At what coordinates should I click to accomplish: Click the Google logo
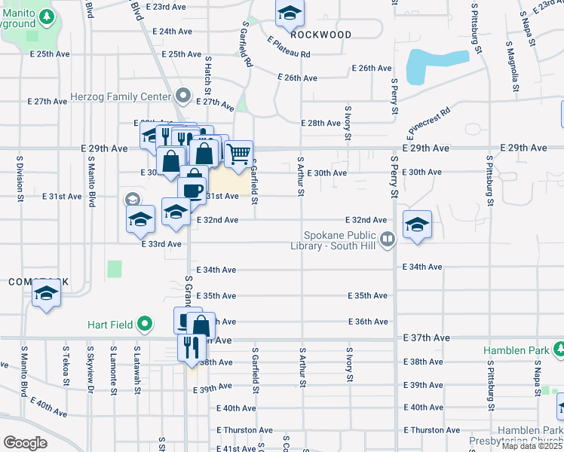tap(25, 443)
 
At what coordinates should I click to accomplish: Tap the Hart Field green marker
tap(144, 325)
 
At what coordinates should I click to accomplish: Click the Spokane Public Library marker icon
tap(388, 240)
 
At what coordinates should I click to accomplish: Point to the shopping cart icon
tap(238, 154)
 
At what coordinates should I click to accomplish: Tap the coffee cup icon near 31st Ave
tap(194, 188)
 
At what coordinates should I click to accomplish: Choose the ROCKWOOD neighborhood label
tap(320, 35)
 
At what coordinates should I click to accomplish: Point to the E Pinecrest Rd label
tap(428, 123)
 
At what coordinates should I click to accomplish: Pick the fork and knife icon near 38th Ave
tap(190, 347)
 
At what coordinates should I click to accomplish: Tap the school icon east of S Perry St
tap(417, 224)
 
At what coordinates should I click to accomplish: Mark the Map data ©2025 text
tap(532, 446)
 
